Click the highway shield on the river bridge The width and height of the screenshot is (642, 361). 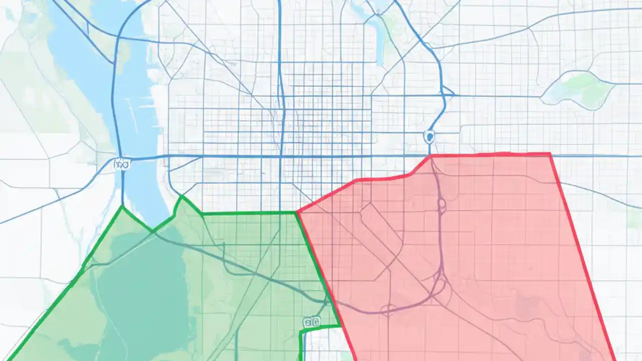[x=121, y=163]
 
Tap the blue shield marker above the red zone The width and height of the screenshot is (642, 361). [x=428, y=135]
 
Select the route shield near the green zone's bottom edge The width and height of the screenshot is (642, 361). [x=311, y=322]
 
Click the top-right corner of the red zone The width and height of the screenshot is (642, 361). [x=550, y=154]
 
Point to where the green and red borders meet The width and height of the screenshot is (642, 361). [x=297, y=213]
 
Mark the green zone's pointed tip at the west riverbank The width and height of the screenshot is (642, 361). [x=122, y=206]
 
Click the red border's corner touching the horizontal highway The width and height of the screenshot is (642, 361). [x=431, y=156]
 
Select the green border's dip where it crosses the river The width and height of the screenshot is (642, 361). [x=153, y=230]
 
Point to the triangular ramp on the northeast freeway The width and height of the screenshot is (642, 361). [x=448, y=93]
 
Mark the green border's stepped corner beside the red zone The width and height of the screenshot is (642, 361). [x=301, y=331]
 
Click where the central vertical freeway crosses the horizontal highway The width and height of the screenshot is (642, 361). [x=281, y=156]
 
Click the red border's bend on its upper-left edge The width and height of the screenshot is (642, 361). [x=356, y=179]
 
